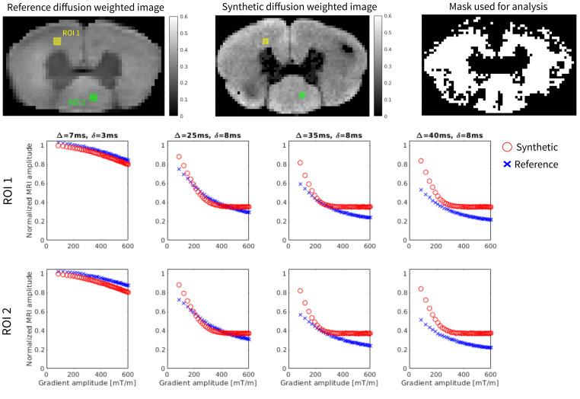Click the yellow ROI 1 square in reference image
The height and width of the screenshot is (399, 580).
point(57,41)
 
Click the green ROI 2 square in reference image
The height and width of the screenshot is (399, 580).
point(94,97)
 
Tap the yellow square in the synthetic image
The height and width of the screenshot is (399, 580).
point(265,42)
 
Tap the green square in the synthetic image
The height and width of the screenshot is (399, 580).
point(301,95)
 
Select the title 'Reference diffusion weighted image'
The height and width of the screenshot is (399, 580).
point(88,7)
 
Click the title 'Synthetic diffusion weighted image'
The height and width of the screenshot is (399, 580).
point(298,7)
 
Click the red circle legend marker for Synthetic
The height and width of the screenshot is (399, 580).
point(508,147)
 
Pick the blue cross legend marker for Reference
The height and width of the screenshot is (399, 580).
point(508,164)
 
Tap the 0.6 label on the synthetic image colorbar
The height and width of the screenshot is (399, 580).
point(389,15)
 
